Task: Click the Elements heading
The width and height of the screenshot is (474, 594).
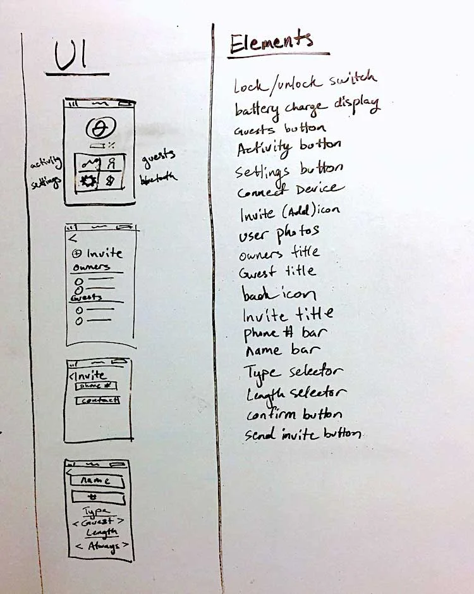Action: coord(271,43)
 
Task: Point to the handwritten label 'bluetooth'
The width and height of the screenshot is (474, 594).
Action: coord(158,178)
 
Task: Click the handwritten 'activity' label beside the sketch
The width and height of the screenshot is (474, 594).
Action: coord(46,164)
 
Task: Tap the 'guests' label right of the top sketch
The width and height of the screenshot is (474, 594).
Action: coord(158,156)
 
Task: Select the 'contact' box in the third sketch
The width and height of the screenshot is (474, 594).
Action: coord(97,400)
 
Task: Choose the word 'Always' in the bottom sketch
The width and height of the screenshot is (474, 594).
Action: coord(102,545)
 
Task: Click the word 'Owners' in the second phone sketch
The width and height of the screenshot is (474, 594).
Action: coord(91,267)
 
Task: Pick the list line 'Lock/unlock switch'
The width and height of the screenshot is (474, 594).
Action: coord(305,82)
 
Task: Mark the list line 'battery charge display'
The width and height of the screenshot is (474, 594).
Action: coord(307,106)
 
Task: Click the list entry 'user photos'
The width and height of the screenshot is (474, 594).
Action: coord(279,233)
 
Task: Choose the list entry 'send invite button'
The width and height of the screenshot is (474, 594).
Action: coord(303,434)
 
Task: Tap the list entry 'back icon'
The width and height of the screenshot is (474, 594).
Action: coord(278,294)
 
